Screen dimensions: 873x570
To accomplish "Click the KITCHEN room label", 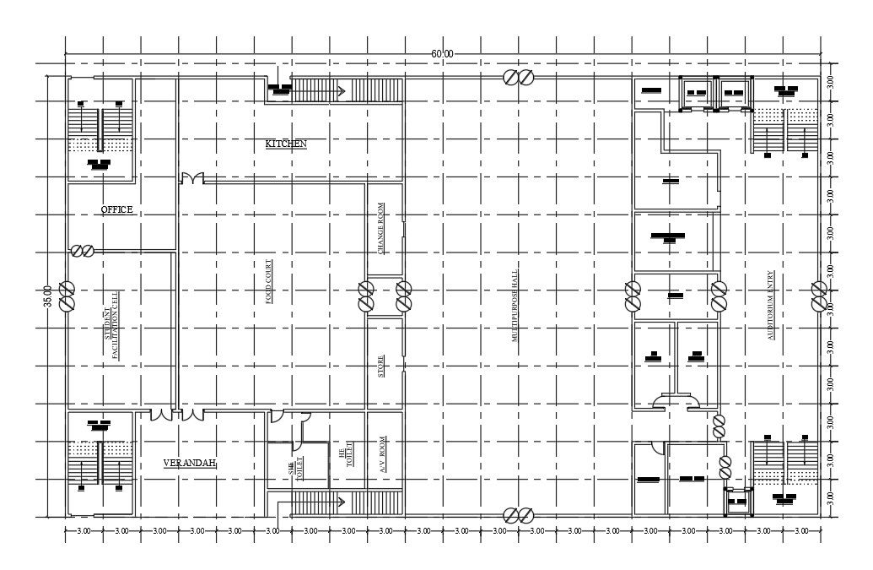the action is (286, 144).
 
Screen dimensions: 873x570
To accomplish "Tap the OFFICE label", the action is (117, 209).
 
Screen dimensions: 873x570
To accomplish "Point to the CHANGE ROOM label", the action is (381, 229).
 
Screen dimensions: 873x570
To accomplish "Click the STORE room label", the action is (381, 365).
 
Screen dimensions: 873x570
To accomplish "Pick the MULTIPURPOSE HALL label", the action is (514, 305).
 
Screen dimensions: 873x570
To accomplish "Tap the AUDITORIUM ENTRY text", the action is (770, 305).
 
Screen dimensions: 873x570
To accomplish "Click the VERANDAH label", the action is (190, 463).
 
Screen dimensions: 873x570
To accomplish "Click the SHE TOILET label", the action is (295, 470).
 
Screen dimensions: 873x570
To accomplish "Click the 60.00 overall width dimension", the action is (442, 54).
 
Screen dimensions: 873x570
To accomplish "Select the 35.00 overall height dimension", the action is (48, 296).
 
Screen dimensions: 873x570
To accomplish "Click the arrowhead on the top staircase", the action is (342, 89).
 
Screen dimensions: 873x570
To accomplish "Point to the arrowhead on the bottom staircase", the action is (341, 502).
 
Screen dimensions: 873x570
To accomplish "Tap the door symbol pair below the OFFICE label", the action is (83, 251).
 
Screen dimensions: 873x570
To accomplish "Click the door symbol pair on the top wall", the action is (517, 78).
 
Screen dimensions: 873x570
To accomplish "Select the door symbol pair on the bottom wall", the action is (517, 514).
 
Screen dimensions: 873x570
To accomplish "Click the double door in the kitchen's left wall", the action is (192, 179).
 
